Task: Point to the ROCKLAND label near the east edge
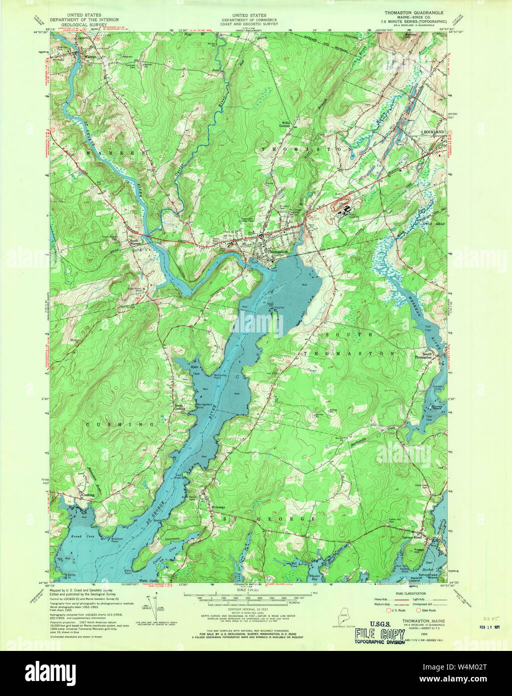(434, 131)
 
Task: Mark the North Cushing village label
(180, 407)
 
